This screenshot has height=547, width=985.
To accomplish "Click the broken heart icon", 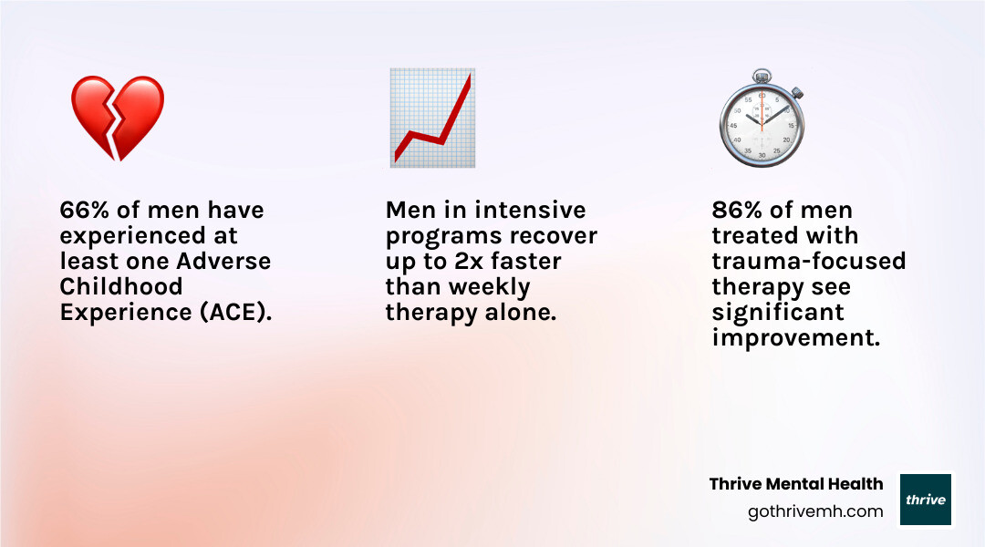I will pyautogui.click(x=118, y=118).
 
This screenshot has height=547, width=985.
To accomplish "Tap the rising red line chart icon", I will pyautogui.click(x=431, y=118).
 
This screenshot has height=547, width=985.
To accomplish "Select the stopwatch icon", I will pyautogui.click(x=761, y=120).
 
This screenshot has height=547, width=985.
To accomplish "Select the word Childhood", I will pyautogui.click(x=121, y=286).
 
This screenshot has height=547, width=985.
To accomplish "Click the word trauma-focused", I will pyautogui.click(x=808, y=262).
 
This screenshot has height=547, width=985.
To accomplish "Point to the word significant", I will pyautogui.click(x=778, y=312).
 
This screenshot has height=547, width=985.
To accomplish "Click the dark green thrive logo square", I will pyautogui.click(x=926, y=500).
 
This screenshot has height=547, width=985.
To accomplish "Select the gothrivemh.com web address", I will pyautogui.click(x=815, y=511).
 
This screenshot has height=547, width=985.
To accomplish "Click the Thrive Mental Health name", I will pyautogui.click(x=796, y=484).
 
